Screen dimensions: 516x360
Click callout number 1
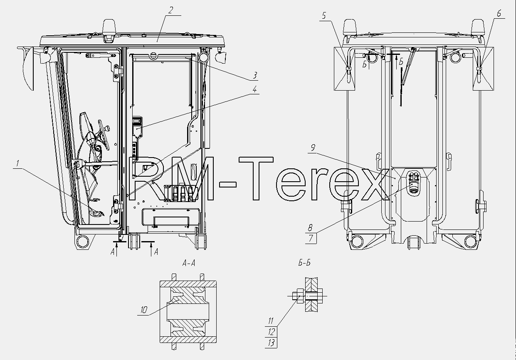(18, 163)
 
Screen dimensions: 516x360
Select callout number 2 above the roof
(171, 10)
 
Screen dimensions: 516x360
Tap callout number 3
(255, 76)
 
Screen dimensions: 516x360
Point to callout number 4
(254, 89)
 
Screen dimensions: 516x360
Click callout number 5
(324, 16)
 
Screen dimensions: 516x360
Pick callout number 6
(499, 13)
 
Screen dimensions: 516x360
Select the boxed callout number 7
(311, 238)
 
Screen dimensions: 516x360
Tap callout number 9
(313, 148)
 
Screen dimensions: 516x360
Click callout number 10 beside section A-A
(144, 310)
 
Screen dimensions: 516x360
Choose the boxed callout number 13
(271, 343)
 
